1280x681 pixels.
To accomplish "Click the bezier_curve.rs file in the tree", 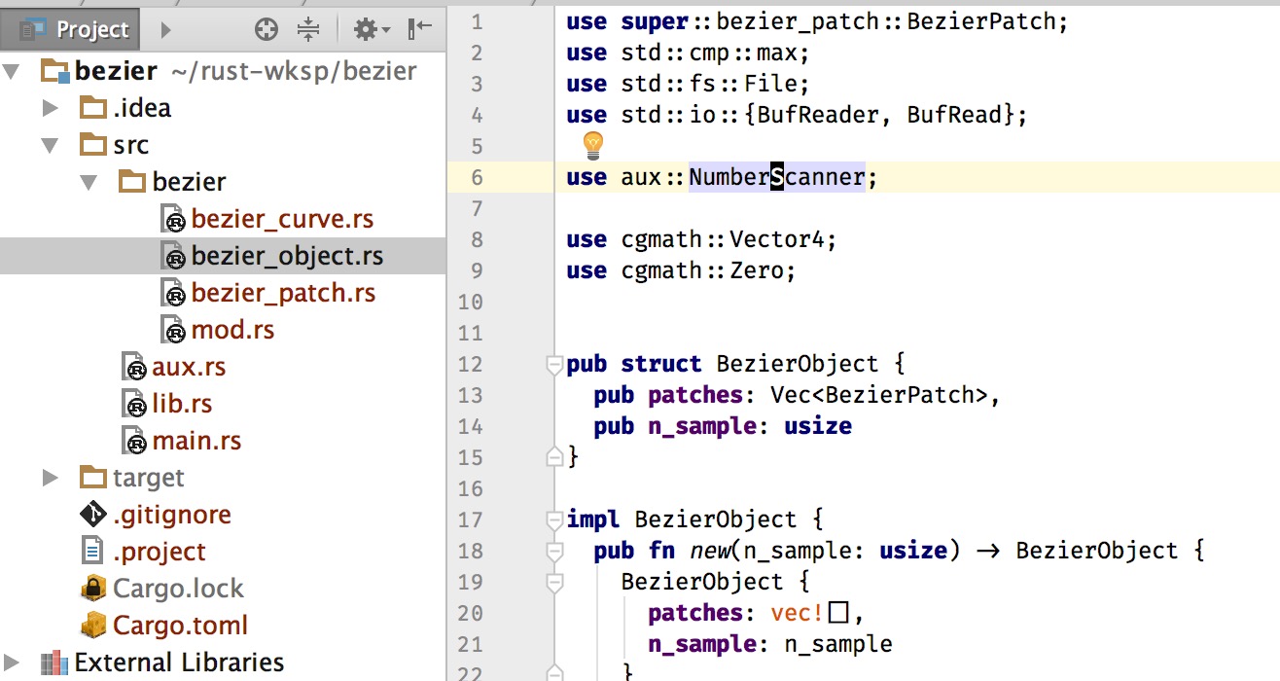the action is (282, 219).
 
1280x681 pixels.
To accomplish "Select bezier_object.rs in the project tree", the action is (287, 256).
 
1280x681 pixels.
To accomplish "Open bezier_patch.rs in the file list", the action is (283, 293).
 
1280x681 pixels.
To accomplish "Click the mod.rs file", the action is (232, 330).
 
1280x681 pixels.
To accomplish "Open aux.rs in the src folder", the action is (189, 367).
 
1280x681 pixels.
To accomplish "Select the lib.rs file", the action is (182, 404).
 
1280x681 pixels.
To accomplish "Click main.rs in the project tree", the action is (196, 441).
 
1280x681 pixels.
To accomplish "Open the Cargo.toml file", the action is (180, 625).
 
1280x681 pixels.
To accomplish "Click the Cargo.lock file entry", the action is (178, 589).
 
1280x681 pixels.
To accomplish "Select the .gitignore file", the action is (172, 515).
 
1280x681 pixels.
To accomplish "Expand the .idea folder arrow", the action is (51, 108).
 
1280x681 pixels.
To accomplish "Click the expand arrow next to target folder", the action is (51, 478).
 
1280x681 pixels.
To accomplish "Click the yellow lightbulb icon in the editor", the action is (592, 145).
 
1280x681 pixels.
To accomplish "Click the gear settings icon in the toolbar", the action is (367, 28).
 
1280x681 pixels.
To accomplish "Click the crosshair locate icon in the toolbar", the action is (267, 28).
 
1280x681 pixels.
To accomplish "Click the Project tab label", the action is (92, 29).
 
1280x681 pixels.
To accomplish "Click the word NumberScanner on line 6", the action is (777, 177).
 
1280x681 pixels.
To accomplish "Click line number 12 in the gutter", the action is (471, 364).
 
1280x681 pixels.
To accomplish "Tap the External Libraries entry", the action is (179, 663).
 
